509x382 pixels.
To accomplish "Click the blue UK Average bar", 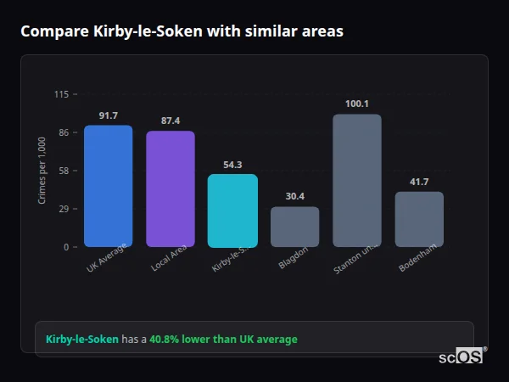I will click(x=108, y=186).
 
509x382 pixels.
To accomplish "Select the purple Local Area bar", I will click(x=171, y=188).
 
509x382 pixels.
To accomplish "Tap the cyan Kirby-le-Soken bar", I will click(x=232, y=211).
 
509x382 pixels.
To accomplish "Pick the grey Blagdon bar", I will click(x=294, y=227).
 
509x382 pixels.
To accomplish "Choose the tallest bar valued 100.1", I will click(x=357, y=180).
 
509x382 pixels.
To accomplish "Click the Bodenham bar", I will click(x=419, y=219).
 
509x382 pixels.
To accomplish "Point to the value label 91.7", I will click(x=108, y=115).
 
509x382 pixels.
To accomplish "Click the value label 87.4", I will click(x=171, y=121).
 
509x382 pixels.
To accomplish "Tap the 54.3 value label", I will click(x=232, y=165).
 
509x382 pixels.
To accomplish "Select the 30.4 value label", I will click(x=294, y=196).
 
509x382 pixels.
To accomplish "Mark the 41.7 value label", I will click(x=419, y=182).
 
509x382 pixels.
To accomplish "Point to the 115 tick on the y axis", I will click(x=61, y=94).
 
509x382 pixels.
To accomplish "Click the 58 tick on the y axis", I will click(x=63, y=171).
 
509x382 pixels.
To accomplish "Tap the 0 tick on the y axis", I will click(x=65, y=247).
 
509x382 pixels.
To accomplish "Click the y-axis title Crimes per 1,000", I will click(x=42, y=170).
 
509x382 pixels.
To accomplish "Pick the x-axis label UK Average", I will click(x=106, y=259).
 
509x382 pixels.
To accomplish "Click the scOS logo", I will click(x=461, y=357).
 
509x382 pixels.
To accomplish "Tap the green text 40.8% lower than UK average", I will click(x=223, y=340).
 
